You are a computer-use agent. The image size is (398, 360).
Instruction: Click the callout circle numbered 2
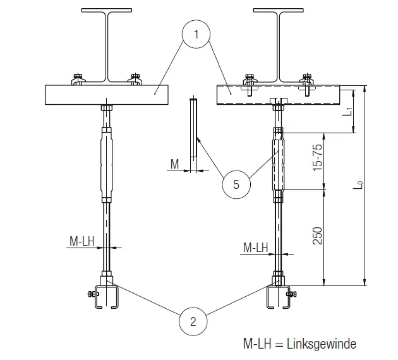click(x=193, y=321)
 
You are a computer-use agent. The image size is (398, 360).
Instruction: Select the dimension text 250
click(x=318, y=236)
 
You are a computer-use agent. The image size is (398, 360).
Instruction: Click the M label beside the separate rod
click(x=175, y=165)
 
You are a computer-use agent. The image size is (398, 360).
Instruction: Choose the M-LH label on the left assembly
click(x=82, y=241)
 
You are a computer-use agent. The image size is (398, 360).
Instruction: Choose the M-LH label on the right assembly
click(x=255, y=248)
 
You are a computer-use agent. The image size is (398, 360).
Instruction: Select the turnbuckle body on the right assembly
click(x=278, y=161)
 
